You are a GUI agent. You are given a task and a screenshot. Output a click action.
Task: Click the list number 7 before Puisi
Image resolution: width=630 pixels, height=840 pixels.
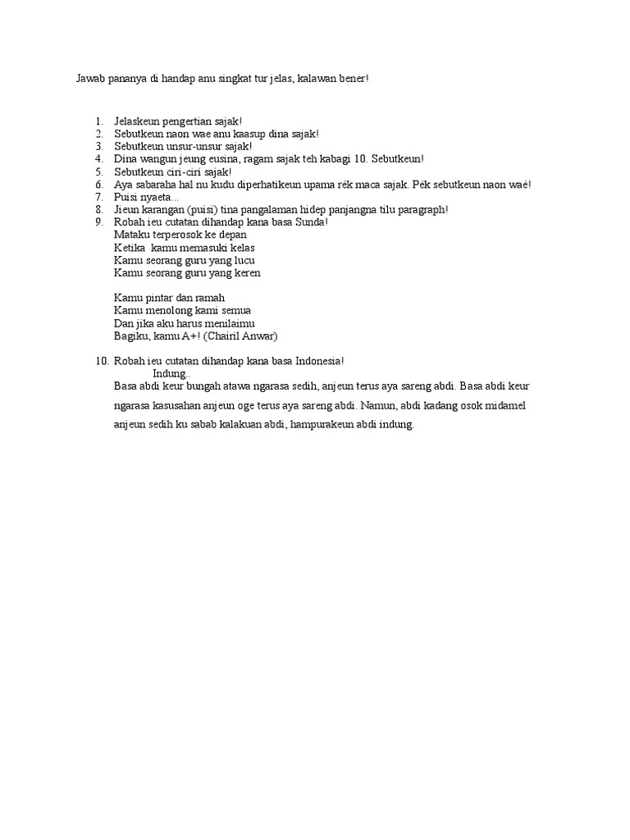(98, 198)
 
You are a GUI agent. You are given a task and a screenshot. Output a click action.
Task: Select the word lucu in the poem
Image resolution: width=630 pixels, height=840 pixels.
(244, 260)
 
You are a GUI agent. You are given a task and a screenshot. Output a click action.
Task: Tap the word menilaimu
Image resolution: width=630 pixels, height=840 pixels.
(231, 323)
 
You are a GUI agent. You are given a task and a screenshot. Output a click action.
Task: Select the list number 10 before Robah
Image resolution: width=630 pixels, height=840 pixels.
(102, 361)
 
